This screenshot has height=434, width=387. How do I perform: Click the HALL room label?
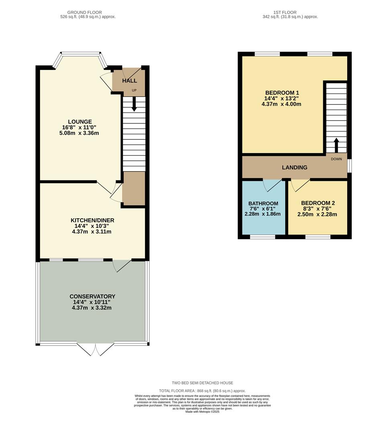click(x=130, y=80)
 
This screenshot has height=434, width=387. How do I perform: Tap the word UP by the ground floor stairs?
click(x=134, y=90)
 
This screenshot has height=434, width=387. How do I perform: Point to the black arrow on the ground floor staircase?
click(x=134, y=104)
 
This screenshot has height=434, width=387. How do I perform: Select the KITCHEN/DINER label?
click(x=92, y=220)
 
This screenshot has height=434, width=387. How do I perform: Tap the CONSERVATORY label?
click(x=92, y=297)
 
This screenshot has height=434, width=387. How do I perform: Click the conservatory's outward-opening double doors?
click(x=95, y=350)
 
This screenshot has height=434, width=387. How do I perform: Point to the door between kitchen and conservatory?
click(x=122, y=266)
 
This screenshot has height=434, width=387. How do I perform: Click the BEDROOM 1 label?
click(x=282, y=93)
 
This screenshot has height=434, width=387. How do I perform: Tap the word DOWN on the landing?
click(x=336, y=159)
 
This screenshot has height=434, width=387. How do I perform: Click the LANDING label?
click(x=295, y=168)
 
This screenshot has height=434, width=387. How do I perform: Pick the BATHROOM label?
click(x=263, y=203)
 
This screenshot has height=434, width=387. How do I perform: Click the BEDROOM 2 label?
click(x=318, y=203)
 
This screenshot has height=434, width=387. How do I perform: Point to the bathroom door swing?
click(x=272, y=185)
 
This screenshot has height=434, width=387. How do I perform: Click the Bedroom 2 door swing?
click(x=300, y=185)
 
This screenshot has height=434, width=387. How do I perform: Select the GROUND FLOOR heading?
click(x=85, y=12)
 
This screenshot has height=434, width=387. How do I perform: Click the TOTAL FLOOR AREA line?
click(x=202, y=391)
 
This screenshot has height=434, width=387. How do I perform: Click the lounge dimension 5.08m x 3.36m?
click(x=79, y=133)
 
